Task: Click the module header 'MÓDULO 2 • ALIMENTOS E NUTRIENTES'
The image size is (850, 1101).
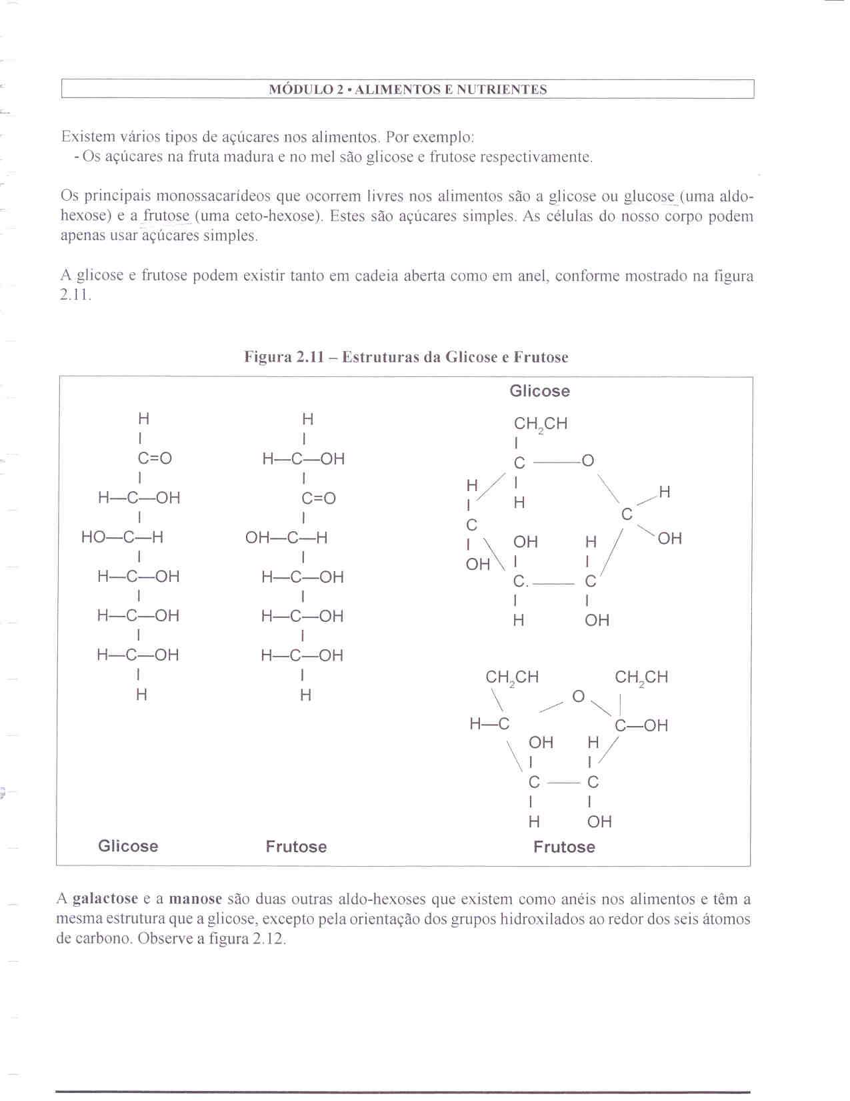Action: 407,89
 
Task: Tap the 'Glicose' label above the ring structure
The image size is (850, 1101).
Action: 539,391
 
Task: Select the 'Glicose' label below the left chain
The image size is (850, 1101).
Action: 128,846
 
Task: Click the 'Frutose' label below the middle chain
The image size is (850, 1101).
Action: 296,847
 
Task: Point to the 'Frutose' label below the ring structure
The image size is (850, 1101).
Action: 564,847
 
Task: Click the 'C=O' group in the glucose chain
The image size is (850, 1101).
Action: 155,458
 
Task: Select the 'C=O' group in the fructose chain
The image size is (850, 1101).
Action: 319,498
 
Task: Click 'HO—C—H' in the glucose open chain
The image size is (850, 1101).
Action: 122,537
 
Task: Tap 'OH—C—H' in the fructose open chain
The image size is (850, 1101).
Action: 286,537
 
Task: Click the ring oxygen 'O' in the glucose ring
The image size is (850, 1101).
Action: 587,461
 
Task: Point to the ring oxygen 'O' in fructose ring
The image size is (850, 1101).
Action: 578,697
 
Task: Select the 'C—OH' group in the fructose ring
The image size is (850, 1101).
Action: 641,725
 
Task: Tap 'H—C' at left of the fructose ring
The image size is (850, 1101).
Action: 489,724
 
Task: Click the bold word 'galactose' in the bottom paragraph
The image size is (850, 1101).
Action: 105,899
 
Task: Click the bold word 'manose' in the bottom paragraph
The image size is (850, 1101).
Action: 195,899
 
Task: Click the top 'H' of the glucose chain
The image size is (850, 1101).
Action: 143,419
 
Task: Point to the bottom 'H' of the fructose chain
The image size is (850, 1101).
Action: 305,695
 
